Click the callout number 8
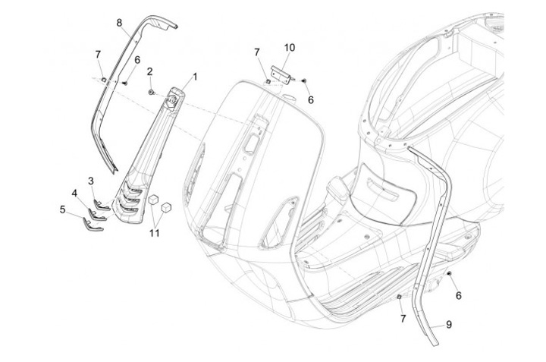119,23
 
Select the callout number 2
149,71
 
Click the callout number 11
155,233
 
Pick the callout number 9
448,324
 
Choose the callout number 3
91,181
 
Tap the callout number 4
74,194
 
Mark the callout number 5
63,207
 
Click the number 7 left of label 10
257,52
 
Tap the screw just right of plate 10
303,79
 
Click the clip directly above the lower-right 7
400,297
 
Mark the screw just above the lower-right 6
450,272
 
